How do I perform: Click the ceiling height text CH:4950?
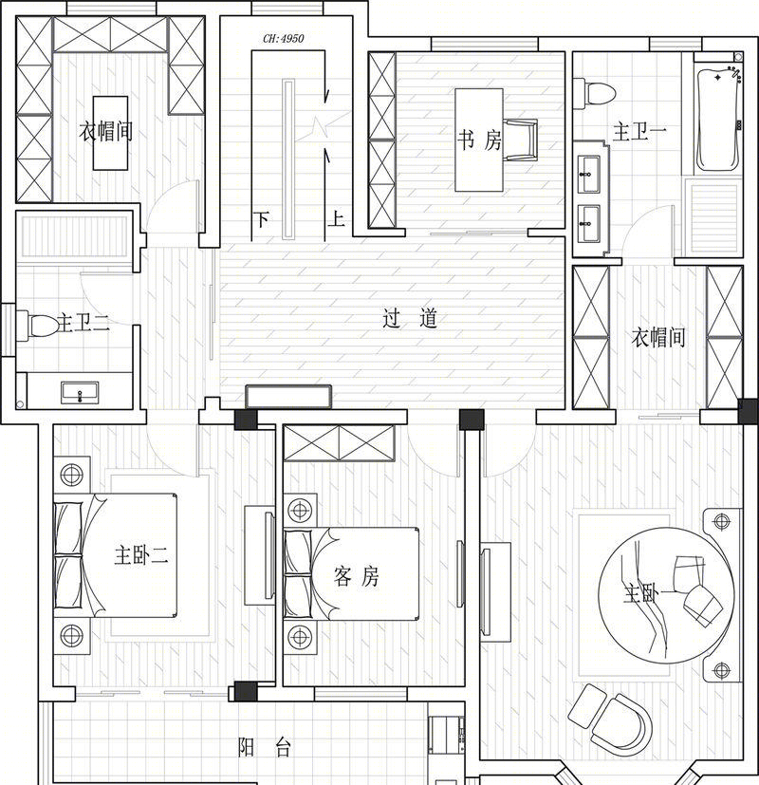click(x=283, y=39)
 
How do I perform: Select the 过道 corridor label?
click(x=410, y=318)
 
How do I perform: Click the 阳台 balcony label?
click(x=264, y=747)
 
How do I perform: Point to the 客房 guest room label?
click(x=356, y=576)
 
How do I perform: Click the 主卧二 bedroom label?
click(x=140, y=555)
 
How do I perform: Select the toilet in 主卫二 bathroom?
click(x=38, y=325)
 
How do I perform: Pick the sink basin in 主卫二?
click(x=80, y=392)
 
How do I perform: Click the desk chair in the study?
click(x=520, y=140)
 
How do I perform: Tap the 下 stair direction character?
click(x=261, y=219)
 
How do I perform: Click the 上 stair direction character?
click(x=336, y=218)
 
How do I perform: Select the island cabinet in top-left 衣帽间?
click(x=111, y=133)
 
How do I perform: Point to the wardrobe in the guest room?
click(x=339, y=442)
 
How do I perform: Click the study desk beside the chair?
click(x=479, y=140)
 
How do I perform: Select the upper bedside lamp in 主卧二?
click(x=71, y=474)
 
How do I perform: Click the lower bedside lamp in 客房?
click(x=300, y=637)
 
